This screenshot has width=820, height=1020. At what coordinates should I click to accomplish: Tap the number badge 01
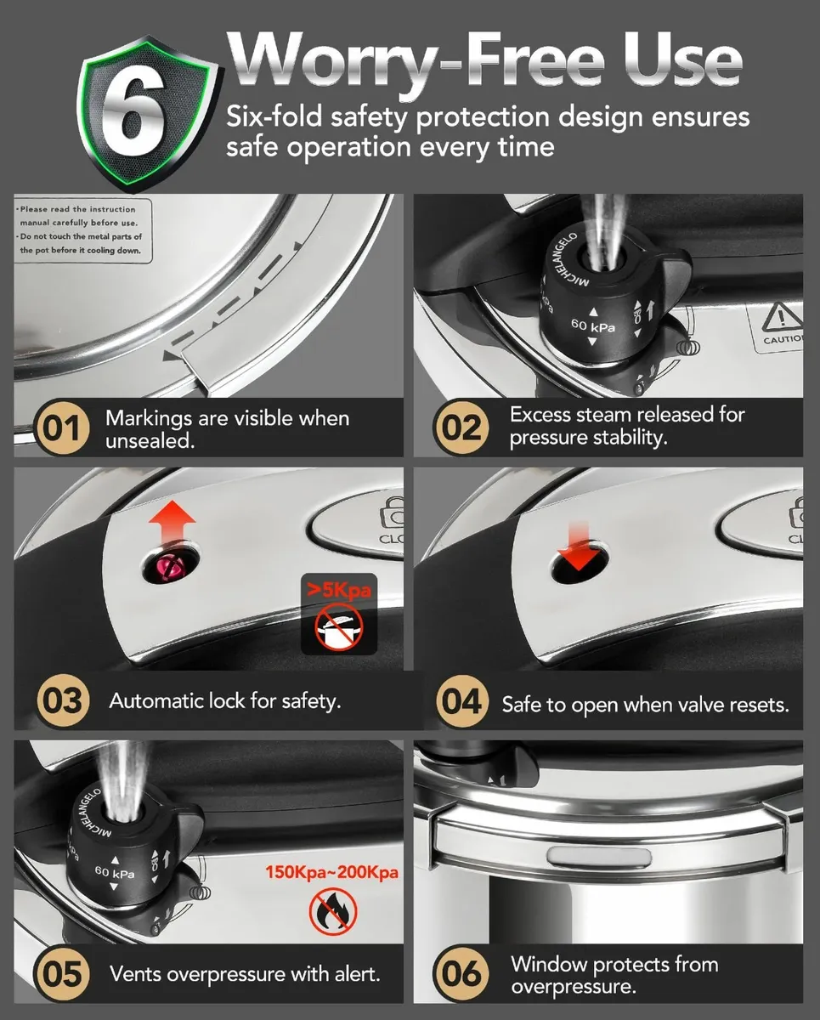point(62,428)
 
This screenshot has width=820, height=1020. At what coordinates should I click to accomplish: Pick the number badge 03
point(62,701)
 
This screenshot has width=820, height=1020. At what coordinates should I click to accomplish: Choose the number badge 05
point(62,973)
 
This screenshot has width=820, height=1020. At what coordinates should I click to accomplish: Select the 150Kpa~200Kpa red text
point(331,873)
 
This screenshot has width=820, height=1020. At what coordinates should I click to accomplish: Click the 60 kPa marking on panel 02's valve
point(592,326)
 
